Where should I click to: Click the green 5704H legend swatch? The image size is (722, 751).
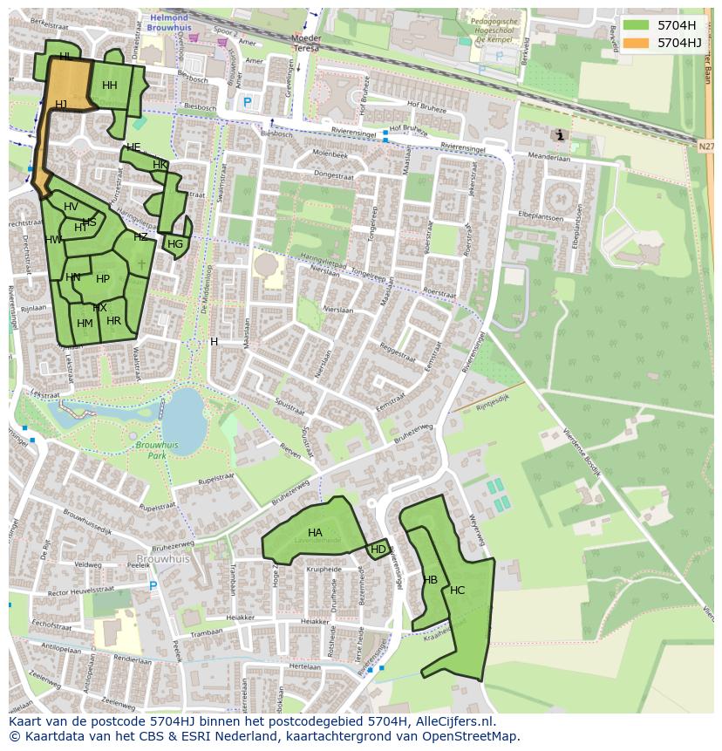(x=636, y=25)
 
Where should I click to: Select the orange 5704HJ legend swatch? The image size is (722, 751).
(x=636, y=42)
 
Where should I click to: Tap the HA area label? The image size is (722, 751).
(x=315, y=532)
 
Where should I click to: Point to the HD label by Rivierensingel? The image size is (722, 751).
(x=378, y=550)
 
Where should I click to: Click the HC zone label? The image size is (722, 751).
(x=458, y=591)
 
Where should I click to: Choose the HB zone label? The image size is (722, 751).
(x=430, y=580)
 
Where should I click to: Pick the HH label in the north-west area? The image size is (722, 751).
(x=109, y=85)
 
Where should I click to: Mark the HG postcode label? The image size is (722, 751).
(x=175, y=244)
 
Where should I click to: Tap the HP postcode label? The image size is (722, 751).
(x=103, y=279)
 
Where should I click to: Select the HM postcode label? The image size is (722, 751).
(x=85, y=324)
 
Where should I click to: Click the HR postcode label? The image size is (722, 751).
(x=113, y=321)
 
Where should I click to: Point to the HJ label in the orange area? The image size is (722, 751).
(x=61, y=105)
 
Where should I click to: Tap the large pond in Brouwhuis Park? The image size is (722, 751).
(x=185, y=415)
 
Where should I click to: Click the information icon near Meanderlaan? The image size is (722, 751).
(x=559, y=134)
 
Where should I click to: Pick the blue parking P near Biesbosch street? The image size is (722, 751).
(x=247, y=102)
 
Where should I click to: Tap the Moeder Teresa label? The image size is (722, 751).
(x=305, y=44)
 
